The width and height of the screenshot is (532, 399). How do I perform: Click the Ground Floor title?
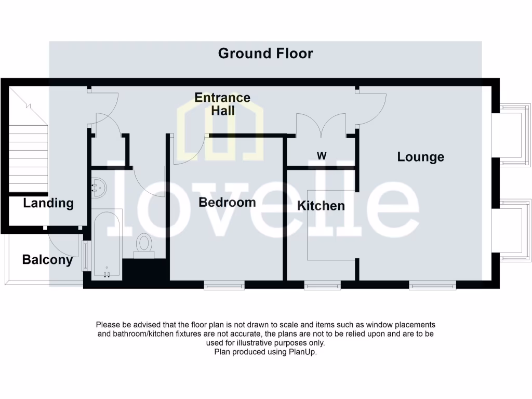click(x=265, y=53)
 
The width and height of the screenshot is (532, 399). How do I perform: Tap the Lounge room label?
click(x=420, y=157)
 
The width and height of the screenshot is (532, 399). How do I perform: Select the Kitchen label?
click(x=321, y=206)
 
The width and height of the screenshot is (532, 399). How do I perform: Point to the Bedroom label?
click(x=227, y=203)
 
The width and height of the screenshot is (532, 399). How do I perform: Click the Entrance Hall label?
click(x=222, y=104)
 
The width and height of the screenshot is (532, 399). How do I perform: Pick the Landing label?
click(x=48, y=203)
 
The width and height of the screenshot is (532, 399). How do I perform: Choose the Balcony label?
click(x=47, y=260)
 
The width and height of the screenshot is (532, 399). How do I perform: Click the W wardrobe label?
click(x=322, y=156)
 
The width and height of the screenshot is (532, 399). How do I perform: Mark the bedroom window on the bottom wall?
click(x=224, y=285)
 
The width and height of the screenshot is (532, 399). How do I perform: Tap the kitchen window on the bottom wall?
click(x=322, y=285)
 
